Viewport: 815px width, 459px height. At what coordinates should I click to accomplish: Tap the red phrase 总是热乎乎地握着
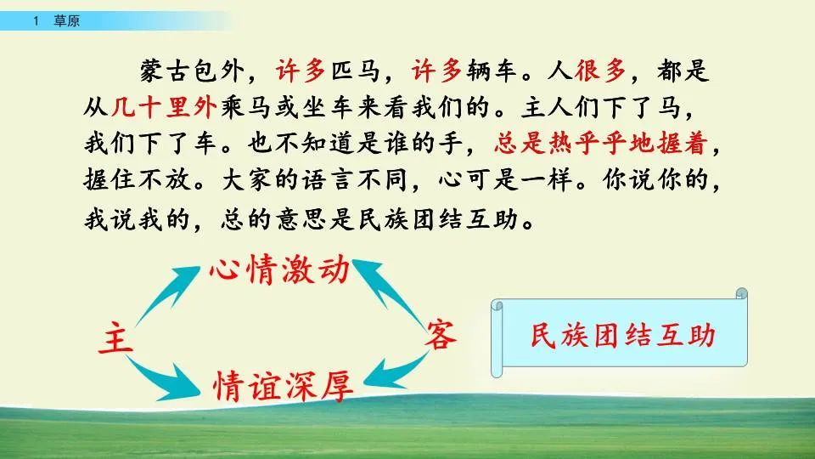point(601,145)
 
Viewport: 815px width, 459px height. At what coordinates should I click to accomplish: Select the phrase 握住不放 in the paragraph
point(138,182)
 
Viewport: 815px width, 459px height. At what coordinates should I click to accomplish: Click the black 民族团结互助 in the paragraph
point(441,218)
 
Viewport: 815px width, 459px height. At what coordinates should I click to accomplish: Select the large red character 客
point(441,334)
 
